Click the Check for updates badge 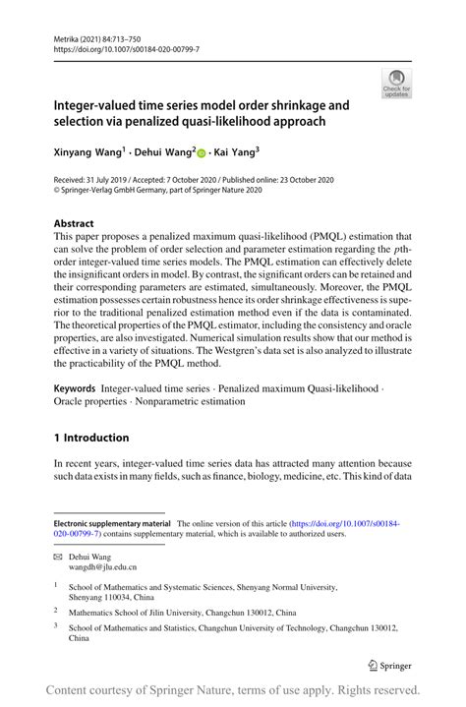pyautogui.click(x=397, y=84)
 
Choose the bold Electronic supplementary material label pyautogui.click(x=112, y=524)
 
